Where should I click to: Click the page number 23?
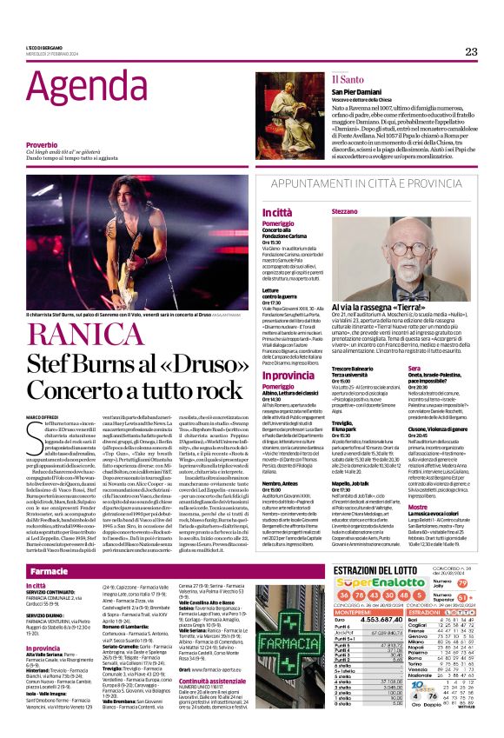470,51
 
